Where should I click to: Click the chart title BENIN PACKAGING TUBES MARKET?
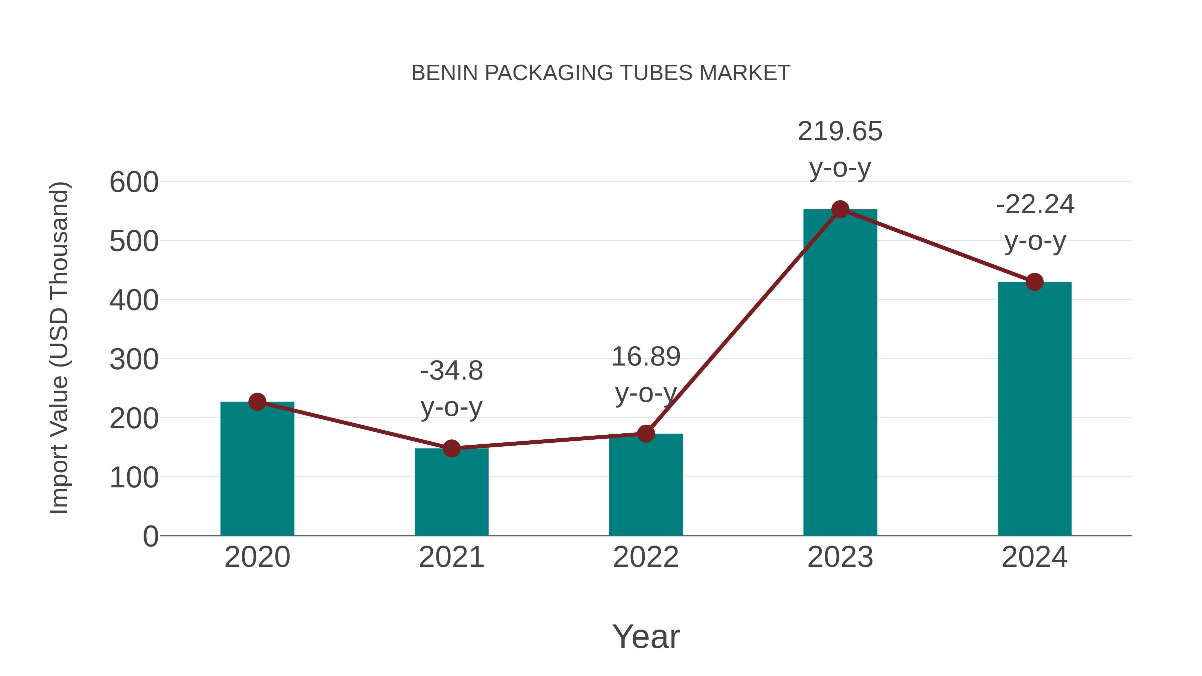click(601, 73)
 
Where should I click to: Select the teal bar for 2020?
click(257, 471)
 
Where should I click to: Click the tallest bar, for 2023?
click(840, 373)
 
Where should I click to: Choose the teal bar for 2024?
click(1034, 411)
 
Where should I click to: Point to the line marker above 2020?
click(257, 402)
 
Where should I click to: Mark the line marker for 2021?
click(451, 448)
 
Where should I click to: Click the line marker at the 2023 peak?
click(840, 209)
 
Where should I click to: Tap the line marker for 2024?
click(1034, 282)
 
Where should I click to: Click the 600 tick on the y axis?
click(134, 182)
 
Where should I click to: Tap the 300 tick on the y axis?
click(134, 360)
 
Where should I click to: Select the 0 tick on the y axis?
click(150, 536)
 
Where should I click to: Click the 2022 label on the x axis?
click(646, 557)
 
